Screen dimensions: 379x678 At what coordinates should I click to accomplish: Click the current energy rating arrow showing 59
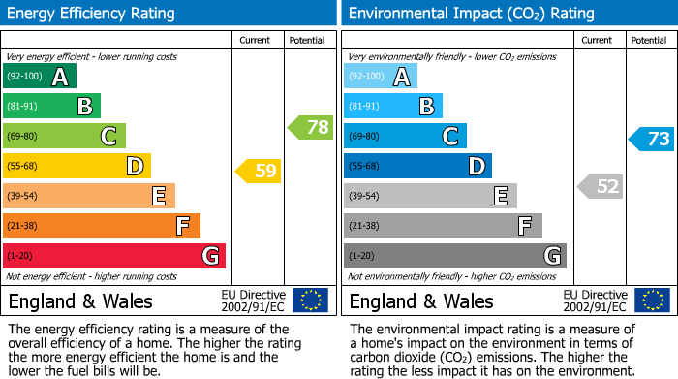(259, 172)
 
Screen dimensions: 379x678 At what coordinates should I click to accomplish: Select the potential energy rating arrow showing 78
(311, 127)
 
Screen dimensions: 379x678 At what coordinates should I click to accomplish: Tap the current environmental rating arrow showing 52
(600, 187)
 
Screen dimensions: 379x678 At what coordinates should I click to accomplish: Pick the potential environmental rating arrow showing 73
(652, 139)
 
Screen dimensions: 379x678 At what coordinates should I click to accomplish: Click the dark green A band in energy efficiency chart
(40, 77)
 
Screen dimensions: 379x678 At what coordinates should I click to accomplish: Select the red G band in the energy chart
(114, 256)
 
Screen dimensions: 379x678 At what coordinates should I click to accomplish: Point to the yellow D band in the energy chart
(77, 167)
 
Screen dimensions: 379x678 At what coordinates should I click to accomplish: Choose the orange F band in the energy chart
(102, 226)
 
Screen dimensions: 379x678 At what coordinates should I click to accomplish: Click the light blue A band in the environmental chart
(381, 77)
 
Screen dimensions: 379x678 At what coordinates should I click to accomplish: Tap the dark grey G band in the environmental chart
(455, 256)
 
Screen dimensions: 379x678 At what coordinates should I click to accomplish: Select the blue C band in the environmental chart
(405, 137)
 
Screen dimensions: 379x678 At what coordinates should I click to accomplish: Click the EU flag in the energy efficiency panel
(310, 300)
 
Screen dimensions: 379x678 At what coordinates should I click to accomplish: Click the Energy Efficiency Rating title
(92, 14)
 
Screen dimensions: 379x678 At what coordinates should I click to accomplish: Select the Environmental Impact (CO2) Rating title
(471, 14)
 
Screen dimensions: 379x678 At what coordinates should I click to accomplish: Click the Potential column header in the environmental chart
(649, 40)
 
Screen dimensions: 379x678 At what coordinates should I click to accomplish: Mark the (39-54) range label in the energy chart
(22, 197)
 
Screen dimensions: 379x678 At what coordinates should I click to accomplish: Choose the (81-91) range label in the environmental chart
(363, 107)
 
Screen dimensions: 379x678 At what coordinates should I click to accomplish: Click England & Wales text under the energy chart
(80, 300)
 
